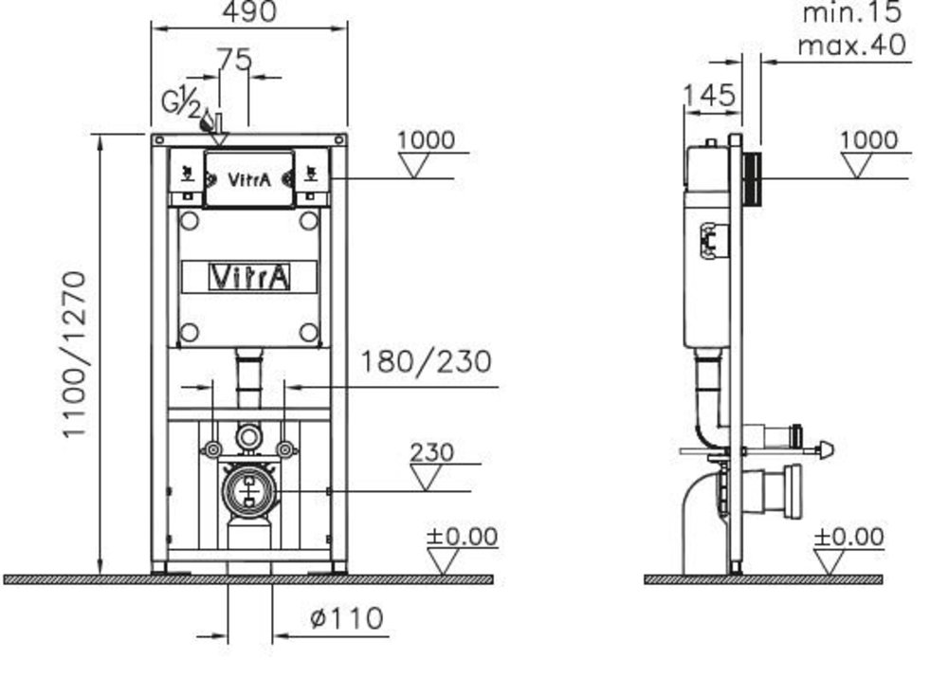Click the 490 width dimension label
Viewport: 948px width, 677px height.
point(249,10)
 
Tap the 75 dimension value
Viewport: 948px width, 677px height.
point(234,59)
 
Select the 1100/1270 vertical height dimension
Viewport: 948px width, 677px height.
point(76,355)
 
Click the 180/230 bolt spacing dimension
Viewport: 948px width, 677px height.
point(426,361)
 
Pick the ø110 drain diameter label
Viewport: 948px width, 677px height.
point(346,618)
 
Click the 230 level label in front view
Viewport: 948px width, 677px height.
point(431,452)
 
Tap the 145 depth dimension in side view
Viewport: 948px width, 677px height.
point(709,95)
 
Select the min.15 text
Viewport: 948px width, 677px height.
point(852,12)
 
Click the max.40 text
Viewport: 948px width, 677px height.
point(852,45)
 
